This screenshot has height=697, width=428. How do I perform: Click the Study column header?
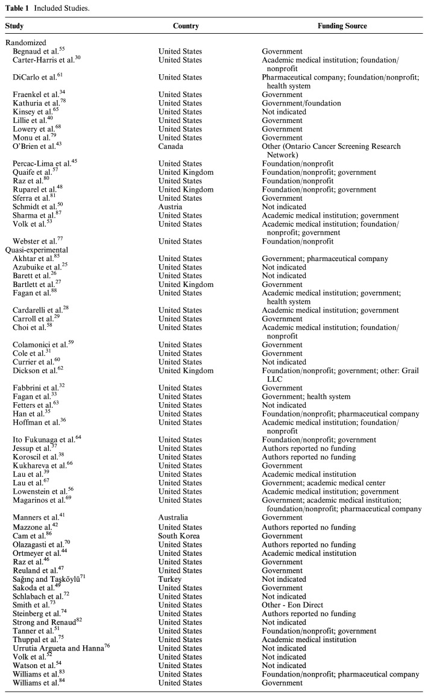(x=14, y=27)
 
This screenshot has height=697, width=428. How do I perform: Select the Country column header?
(x=186, y=27)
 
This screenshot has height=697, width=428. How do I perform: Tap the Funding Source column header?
(x=342, y=27)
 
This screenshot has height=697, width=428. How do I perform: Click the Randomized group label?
(x=25, y=43)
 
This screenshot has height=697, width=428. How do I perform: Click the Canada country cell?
(x=171, y=146)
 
